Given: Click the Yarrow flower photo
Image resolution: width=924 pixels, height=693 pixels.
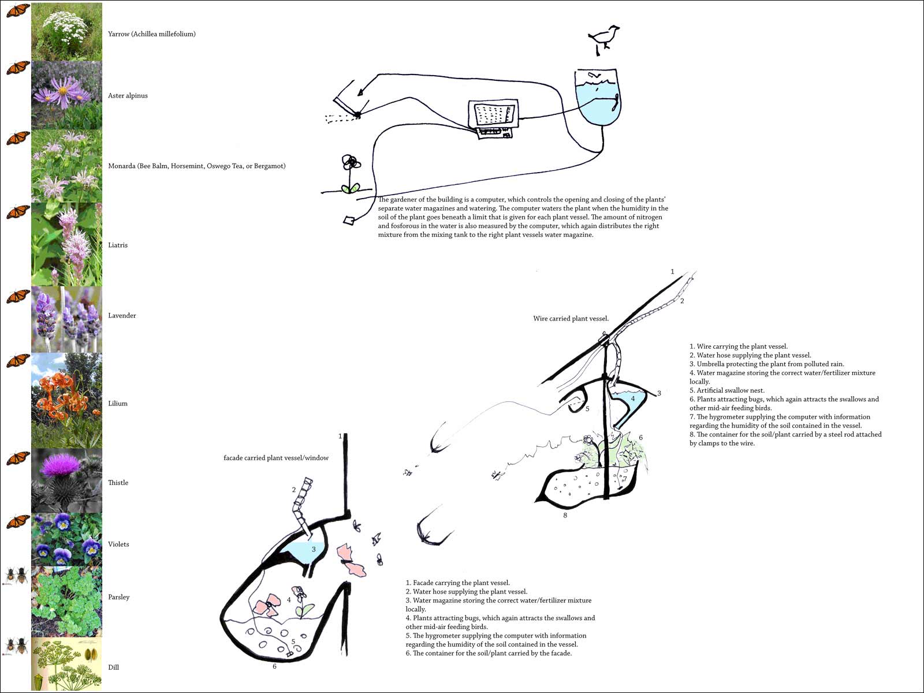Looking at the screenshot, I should click(x=66, y=32).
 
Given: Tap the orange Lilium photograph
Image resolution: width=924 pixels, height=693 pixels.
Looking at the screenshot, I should click(x=66, y=401).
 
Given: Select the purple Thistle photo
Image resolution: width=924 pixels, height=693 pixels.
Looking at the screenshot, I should click(x=66, y=480).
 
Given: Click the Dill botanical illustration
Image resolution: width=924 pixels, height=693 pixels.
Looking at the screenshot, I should click(x=66, y=664).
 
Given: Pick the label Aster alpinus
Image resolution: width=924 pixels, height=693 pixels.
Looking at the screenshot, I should click(x=128, y=96).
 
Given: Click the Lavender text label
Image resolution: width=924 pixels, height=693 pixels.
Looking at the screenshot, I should click(x=122, y=315).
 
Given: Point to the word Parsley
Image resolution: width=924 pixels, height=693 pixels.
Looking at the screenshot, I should click(x=118, y=597).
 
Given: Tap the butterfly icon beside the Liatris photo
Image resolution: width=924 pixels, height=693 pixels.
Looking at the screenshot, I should click(x=18, y=213).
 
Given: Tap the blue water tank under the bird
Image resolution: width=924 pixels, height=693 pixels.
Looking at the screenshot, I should click(x=598, y=98).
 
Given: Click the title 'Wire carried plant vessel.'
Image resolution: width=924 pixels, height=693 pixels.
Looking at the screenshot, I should click(x=571, y=318).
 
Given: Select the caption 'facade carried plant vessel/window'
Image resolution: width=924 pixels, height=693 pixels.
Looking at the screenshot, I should click(x=276, y=458).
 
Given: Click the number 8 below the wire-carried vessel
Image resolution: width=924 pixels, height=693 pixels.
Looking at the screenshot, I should click(x=565, y=515).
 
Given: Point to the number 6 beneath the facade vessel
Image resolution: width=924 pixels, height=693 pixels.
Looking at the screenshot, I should click(x=274, y=666).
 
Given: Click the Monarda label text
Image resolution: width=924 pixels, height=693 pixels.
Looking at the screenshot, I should click(x=196, y=166).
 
